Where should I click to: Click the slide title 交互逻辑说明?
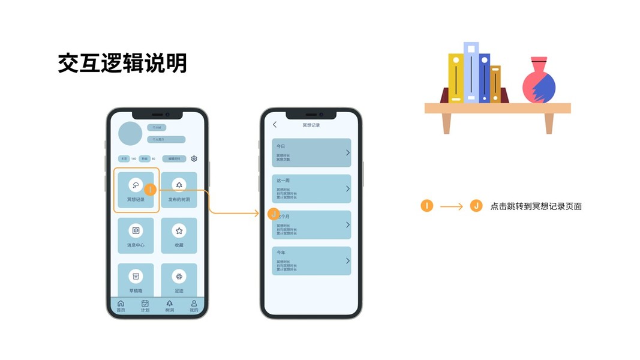coord(122,63)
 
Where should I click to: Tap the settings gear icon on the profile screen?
coord(194,159)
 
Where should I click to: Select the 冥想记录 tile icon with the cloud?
coord(136,185)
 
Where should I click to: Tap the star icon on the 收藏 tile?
coord(179,230)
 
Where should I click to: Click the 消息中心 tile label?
coord(136,245)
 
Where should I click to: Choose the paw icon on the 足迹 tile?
coord(179,276)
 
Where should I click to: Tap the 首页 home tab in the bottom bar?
coord(121,306)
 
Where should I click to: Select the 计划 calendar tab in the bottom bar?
coord(145,306)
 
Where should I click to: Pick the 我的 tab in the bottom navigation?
coord(194,306)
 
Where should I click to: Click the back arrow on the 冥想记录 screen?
coord(275,125)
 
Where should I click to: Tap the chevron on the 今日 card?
coord(347,153)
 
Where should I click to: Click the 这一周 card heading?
coord(283,181)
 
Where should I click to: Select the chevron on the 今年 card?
coord(347,261)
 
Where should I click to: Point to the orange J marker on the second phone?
coord(274,214)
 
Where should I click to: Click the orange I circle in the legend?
coord(426,206)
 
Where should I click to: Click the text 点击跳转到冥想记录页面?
coord(536,206)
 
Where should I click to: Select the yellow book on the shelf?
coord(456,78)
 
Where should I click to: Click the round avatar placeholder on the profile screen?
coord(130,133)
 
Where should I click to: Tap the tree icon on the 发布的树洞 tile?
coord(179,185)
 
